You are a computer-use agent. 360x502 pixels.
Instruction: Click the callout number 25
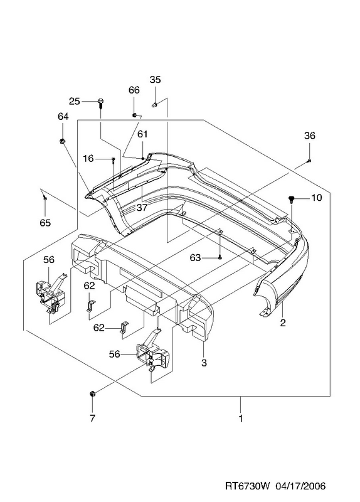[x=74, y=102]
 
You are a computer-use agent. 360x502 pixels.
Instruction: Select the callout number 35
[x=155, y=80]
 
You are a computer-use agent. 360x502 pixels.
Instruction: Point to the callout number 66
[x=134, y=90]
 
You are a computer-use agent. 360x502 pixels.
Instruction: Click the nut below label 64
[x=63, y=141]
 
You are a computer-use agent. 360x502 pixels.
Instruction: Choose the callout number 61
[x=142, y=134]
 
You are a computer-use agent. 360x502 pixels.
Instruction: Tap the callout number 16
[x=88, y=159]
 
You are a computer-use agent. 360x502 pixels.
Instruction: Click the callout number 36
[x=309, y=136]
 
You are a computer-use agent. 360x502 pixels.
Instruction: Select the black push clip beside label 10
[x=291, y=200]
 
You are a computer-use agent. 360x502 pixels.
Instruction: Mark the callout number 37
[x=142, y=208]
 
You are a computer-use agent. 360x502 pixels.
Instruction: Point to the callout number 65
[x=45, y=223]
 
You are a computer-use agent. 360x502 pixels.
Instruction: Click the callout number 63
[x=195, y=258]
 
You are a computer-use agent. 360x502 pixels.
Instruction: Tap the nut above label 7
[x=92, y=394]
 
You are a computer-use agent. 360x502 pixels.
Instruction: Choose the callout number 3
[x=204, y=363]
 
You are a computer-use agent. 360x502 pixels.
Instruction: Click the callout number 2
[x=283, y=323]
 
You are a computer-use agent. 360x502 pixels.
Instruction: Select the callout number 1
[x=241, y=418]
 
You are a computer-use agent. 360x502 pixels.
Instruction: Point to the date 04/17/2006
[x=302, y=486]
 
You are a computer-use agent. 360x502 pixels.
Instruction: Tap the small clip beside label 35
[x=154, y=104]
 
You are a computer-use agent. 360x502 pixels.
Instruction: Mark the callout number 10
[x=316, y=198]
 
